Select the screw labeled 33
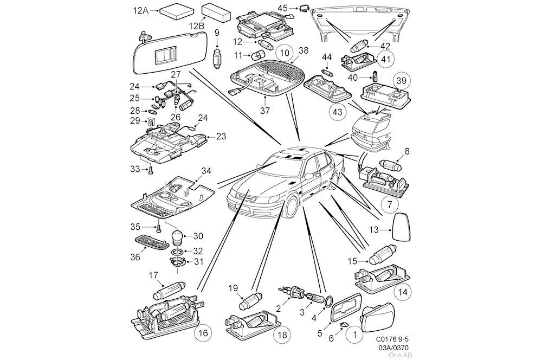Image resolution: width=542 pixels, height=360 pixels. coord(151,170)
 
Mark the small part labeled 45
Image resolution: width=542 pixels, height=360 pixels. coord(305,8)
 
